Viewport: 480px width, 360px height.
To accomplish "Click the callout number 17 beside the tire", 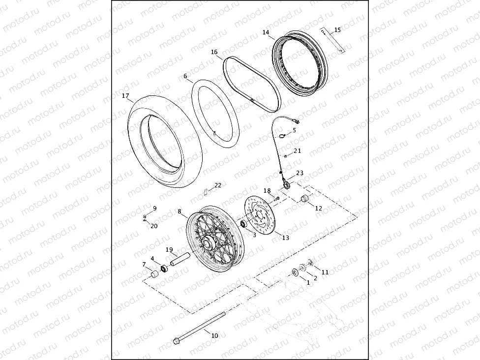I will (125, 96).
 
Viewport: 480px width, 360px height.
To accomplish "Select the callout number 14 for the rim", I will (266, 32).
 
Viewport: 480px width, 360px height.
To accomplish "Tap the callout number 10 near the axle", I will (214, 335).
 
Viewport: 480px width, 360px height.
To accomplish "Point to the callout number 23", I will (300, 173).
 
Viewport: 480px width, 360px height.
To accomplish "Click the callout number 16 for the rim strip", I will (214, 52).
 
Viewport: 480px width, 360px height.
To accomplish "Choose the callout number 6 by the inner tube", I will (185, 76).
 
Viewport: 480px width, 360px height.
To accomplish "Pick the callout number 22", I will (217, 185).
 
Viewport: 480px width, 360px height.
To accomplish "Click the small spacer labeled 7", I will (154, 274).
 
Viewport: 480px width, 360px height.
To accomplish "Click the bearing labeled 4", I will (165, 268).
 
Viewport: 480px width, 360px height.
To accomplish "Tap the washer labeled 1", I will (295, 272).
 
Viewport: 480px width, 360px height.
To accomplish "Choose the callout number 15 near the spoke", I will (337, 30).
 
